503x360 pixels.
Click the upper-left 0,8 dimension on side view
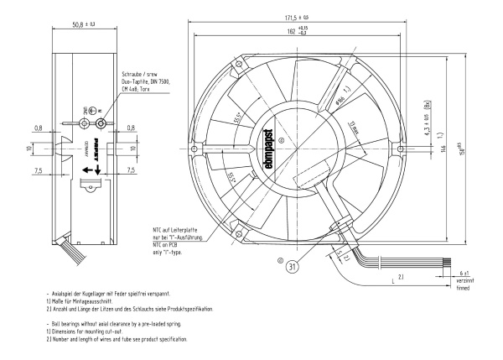pyautogui.click(x=62, y=128)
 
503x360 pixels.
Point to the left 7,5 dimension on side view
pyautogui.click(x=62, y=169)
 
